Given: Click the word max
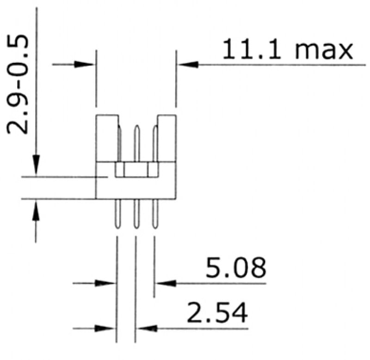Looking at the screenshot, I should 323,51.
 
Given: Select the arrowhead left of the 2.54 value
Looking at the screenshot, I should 148,329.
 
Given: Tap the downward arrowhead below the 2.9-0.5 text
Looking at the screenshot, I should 36,166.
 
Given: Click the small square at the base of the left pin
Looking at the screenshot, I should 120,170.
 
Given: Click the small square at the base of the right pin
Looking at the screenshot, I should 153,170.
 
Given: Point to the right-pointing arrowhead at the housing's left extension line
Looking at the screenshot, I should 86,65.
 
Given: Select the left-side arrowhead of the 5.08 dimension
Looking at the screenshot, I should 106,283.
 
